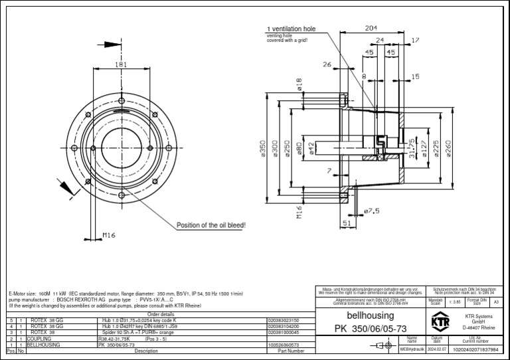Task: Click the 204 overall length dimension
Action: [371, 28]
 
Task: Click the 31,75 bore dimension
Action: [412, 147]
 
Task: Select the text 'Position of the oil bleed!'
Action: [211, 226]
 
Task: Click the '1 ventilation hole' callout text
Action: [291, 29]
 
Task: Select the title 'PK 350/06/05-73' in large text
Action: [370, 329]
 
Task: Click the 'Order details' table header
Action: [160, 314]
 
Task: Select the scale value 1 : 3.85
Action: [455, 302]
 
